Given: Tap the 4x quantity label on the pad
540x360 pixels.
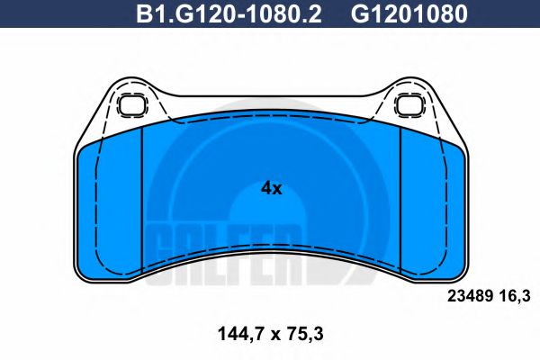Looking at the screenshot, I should [x=271, y=188].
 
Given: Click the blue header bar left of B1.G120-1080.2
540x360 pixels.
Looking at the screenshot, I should [x=72, y=15].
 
